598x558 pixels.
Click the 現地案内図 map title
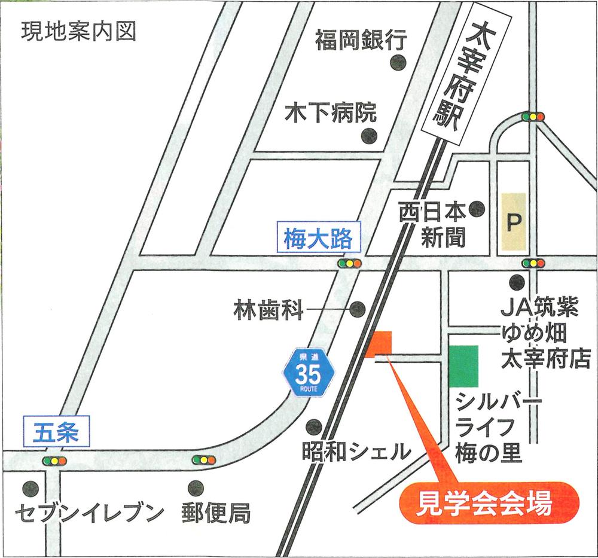[78, 31]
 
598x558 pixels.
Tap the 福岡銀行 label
[361, 41]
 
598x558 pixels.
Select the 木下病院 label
[330, 112]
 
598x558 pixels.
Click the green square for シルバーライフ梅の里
[464, 366]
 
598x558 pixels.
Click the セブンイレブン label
[89, 513]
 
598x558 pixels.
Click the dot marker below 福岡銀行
[398, 62]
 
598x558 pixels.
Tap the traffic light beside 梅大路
[349, 264]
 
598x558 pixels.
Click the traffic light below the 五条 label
[54, 461]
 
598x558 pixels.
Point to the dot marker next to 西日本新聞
[477, 209]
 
